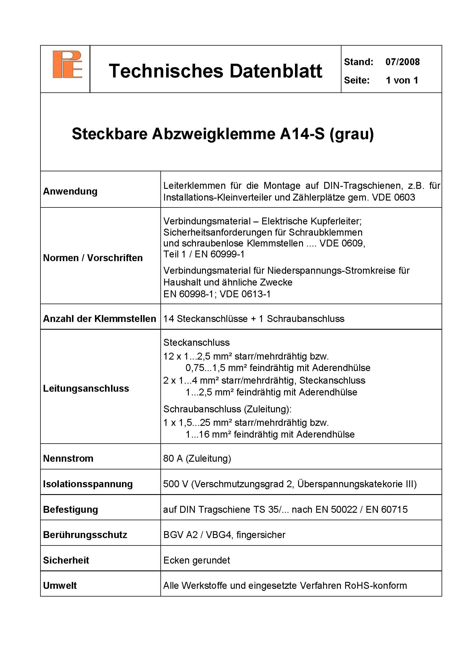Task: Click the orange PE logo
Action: coord(67,64)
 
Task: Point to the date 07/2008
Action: coord(403,62)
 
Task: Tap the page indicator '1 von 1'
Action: coord(402,80)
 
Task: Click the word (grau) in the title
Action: coord(352,134)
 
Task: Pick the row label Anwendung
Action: coord(70,191)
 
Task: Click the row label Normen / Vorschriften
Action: coord(93,258)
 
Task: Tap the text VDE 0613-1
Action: coord(245,294)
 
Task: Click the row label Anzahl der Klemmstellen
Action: coord(100,319)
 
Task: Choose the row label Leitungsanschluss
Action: coord(86,389)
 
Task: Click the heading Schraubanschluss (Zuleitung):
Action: coord(227,409)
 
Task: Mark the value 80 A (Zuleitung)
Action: coord(197,459)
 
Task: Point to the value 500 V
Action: coord(176,484)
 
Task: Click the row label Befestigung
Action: coord(70,510)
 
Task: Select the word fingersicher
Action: coord(261,535)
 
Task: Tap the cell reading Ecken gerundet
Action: coord(197,560)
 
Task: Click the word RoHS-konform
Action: coord(375,586)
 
